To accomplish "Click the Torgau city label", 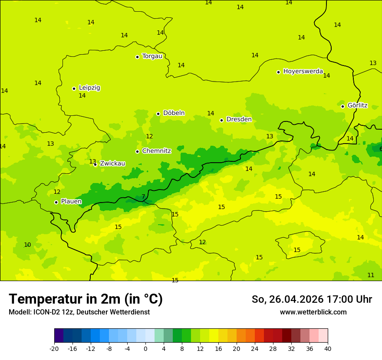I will (x=152, y=56).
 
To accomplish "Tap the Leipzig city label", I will (x=89, y=88).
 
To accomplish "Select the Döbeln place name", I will (x=174, y=113).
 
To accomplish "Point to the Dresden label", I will (x=239, y=120).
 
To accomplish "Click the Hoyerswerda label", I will (x=303, y=72).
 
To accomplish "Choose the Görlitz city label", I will (x=357, y=105).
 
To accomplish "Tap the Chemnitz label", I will (x=156, y=151).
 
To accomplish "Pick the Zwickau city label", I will (x=112, y=164).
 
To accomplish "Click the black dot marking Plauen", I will (x=56, y=202).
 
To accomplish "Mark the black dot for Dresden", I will (x=221, y=120).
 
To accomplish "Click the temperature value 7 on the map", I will (x=143, y=197).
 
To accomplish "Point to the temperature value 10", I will (x=27, y=245).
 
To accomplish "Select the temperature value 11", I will (x=371, y=275).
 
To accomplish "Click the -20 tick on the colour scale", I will (x=54, y=349).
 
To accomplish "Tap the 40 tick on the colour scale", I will (x=328, y=349).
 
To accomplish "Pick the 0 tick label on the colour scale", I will (x=145, y=349).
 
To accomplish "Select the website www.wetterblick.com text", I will (x=313, y=312).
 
